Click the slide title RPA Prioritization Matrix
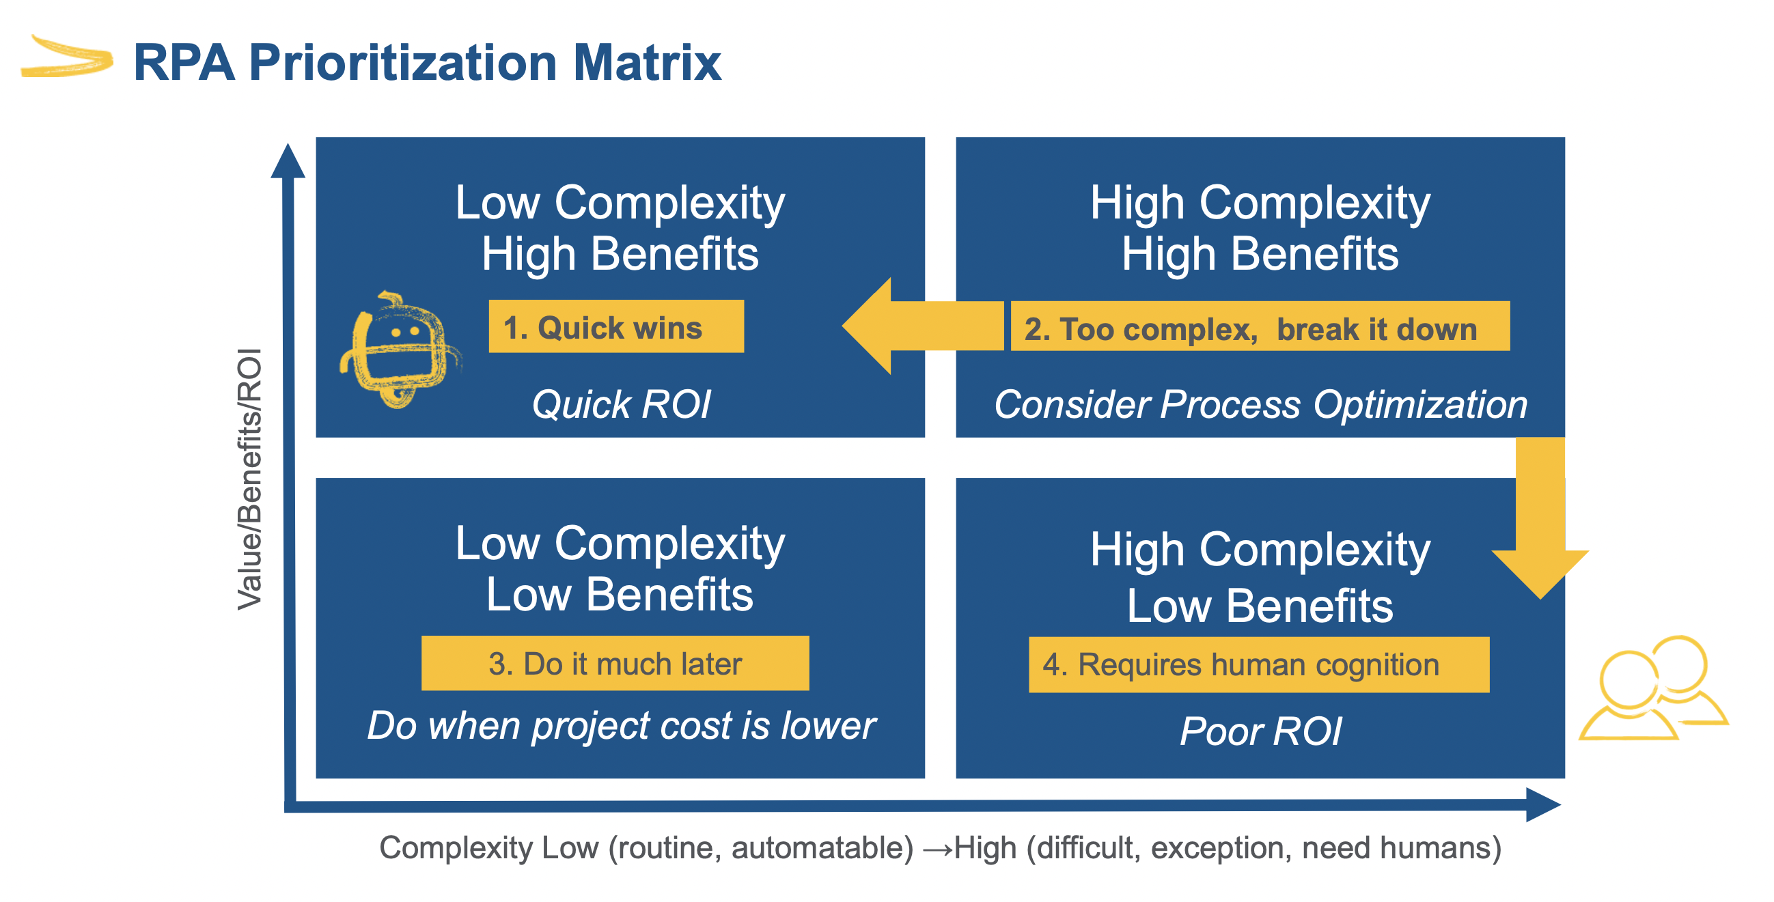click(x=427, y=63)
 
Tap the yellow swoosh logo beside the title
click(x=67, y=57)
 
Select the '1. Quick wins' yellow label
click(x=615, y=326)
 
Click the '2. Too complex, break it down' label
click(x=1260, y=326)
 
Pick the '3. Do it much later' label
click(x=615, y=663)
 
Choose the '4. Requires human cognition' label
click(x=1258, y=664)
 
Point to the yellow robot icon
click(x=400, y=350)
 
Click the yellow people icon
click(x=1653, y=688)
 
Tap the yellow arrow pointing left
click(x=922, y=326)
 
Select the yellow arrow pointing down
click(x=1540, y=518)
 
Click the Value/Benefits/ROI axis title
click(x=249, y=479)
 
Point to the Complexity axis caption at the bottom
click(x=940, y=847)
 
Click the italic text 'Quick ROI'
click(x=621, y=404)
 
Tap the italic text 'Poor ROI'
click(x=1260, y=731)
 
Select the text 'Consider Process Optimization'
click(x=1260, y=404)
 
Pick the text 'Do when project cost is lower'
click(x=621, y=726)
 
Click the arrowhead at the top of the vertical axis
click(x=288, y=160)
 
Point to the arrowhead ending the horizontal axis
click(x=1543, y=804)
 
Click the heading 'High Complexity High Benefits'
click(x=1260, y=228)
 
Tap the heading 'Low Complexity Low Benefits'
click(x=620, y=569)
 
